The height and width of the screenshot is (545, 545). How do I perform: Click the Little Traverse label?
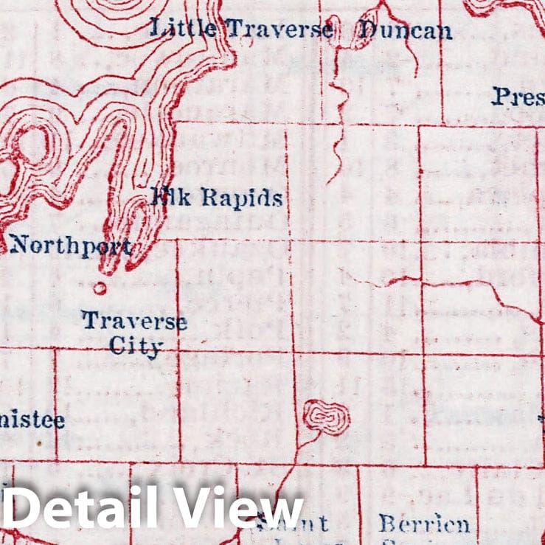[x=242, y=29]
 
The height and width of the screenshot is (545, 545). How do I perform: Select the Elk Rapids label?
[x=216, y=197]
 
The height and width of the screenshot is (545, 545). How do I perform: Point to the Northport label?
[x=71, y=246]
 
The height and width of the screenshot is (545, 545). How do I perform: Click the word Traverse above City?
[x=133, y=322]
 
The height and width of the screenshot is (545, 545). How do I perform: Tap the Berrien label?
[x=424, y=524]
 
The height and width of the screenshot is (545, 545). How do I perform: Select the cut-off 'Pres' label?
[x=518, y=97]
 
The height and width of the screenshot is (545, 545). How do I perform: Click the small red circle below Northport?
[x=100, y=288]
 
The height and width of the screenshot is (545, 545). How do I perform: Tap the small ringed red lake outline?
[x=326, y=417]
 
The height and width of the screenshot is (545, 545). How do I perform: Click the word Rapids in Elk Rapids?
[x=242, y=198]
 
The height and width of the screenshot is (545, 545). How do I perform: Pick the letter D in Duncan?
[x=366, y=29]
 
